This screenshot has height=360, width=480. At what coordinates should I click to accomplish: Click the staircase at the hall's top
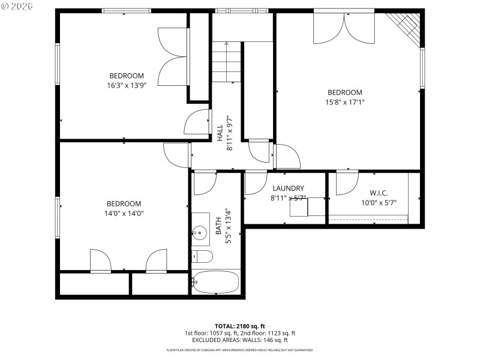pyautogui.click(x=227, y=62)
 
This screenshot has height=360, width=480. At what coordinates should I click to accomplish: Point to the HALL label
pyautogui.click(x=220, y=133)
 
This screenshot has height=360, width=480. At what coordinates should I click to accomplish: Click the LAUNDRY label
pyautogui.click(x=288, y=188)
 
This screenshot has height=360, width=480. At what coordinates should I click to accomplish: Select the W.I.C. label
pyautogui.click(x=378, y=193)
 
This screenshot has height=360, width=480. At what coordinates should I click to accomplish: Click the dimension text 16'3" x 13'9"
pyautogui.click(x=126, y=85)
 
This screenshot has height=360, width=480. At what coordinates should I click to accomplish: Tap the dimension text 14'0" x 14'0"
pyautogui.click(x=124, y=213)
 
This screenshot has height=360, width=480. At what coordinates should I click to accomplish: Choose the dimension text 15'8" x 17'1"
pyautogui.click(x=344, y=102)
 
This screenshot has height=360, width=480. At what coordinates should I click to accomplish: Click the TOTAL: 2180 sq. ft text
pyautogui.click(x=240, y=326)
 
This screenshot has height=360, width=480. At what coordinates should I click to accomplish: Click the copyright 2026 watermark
pyautogui.click(x=17, y=6)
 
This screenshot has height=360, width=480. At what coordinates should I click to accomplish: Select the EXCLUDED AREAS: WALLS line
pyautogui.click(x=240, y=340)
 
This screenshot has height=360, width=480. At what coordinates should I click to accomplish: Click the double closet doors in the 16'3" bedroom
pyautogui.click(x=173, y=58)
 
